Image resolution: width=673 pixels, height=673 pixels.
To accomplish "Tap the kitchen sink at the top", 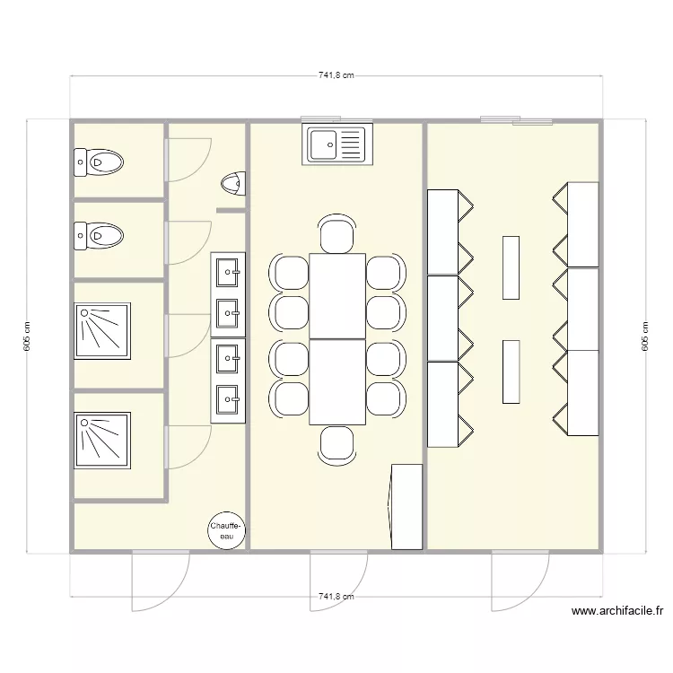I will click(337, 144).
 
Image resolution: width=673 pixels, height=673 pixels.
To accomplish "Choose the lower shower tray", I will click(103, 440).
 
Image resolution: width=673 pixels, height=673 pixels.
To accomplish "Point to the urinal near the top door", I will click(232, 183).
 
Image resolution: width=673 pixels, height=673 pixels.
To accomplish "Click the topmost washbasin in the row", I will click(228, 268).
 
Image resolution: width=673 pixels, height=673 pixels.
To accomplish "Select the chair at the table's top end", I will click(336, 235).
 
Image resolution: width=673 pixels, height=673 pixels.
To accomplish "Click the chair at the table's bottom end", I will click(336, 444).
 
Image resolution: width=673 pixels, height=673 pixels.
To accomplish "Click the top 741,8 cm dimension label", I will click(336, 76).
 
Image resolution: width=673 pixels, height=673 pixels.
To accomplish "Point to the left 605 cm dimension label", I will click(27, 336).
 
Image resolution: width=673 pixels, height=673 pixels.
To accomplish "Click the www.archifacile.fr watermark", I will click(616, 611).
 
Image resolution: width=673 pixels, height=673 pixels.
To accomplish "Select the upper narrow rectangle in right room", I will click(511, 267).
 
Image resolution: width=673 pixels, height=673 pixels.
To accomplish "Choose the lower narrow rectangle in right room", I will click(511, 371).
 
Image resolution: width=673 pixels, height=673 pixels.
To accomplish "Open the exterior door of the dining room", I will click(338, 579).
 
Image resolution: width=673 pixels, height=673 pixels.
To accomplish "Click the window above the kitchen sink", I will click(320, 118).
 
